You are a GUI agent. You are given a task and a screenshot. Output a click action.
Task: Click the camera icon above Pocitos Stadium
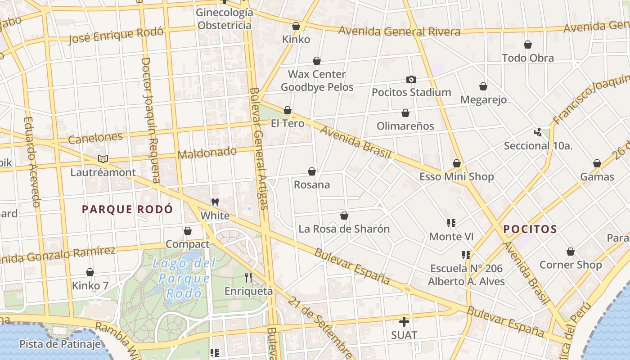point(411,79)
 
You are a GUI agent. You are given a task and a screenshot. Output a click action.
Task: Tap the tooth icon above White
point(215,202)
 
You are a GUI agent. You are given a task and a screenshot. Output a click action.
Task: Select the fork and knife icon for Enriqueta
point(248,278)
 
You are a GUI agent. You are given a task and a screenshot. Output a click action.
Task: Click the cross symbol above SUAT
point(404,322)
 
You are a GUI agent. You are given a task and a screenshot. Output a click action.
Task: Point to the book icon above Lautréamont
point(103,159)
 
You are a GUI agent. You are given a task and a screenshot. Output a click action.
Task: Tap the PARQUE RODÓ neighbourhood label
point(127,209)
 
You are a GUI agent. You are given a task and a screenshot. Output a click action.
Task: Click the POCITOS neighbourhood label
point(530,229)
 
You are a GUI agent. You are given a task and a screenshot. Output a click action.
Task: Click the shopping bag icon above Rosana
point(311,171)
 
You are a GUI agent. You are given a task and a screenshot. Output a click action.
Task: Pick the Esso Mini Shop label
point(456,177)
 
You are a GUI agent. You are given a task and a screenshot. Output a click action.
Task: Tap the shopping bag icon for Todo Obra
point(528,45)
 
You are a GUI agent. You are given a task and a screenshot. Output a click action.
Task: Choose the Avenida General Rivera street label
point(399,31)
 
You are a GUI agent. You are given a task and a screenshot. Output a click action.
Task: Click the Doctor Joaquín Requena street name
point(150,120)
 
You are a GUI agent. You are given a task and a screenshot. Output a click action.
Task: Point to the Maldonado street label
point(207,153)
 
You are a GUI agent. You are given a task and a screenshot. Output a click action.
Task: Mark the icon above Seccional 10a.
point(538,132)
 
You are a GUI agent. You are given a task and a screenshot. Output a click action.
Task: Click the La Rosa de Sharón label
point(344,229)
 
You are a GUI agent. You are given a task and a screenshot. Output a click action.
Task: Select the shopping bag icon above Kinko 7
point(90,272)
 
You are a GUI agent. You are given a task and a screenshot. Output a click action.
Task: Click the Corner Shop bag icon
point(570,252)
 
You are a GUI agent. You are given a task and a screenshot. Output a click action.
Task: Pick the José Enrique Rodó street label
point(116,35)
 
